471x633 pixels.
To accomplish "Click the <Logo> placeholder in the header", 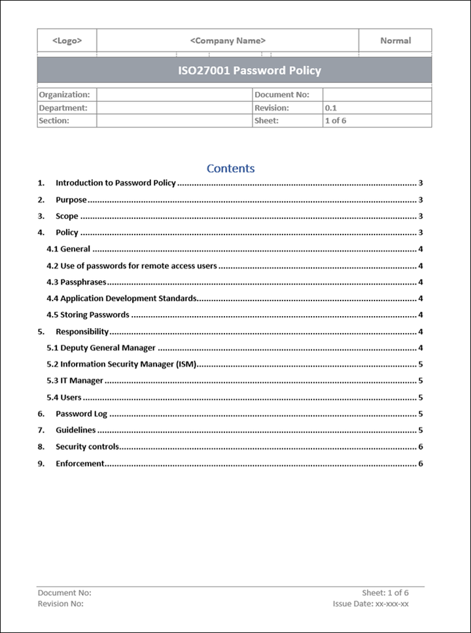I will (x=67, y=41).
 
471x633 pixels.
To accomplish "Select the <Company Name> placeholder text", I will (x=228, y=41).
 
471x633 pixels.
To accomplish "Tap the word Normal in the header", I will (x=395, y=41).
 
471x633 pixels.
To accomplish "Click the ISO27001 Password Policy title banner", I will (x=250, y=71).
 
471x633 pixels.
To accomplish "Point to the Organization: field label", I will (x=64, y=95).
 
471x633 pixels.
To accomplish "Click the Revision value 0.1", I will (x=331, y=108).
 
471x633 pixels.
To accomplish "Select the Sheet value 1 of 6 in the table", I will (x=336, y=121).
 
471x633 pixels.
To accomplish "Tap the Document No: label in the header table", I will (x=281, y=95).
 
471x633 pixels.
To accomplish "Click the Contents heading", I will (x=230, y=169).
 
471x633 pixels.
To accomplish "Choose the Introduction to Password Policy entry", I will (x=116, y=183).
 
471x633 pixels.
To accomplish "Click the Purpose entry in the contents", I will (x=71, y=200).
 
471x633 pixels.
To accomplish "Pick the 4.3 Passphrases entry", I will (x=77, y=282).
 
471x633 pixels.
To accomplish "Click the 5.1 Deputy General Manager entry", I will (x=101, y=348).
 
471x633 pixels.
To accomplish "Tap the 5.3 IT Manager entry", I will (x=75, y=381).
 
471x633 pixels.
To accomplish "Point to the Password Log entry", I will (x=81, y=414).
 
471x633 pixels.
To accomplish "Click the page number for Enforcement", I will (x=421, y=464).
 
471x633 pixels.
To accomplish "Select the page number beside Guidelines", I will (x=421, y=430).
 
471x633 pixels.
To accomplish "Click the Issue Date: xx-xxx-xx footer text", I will (x=370, y=604).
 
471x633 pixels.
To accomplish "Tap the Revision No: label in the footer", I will (x=61, y=604).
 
